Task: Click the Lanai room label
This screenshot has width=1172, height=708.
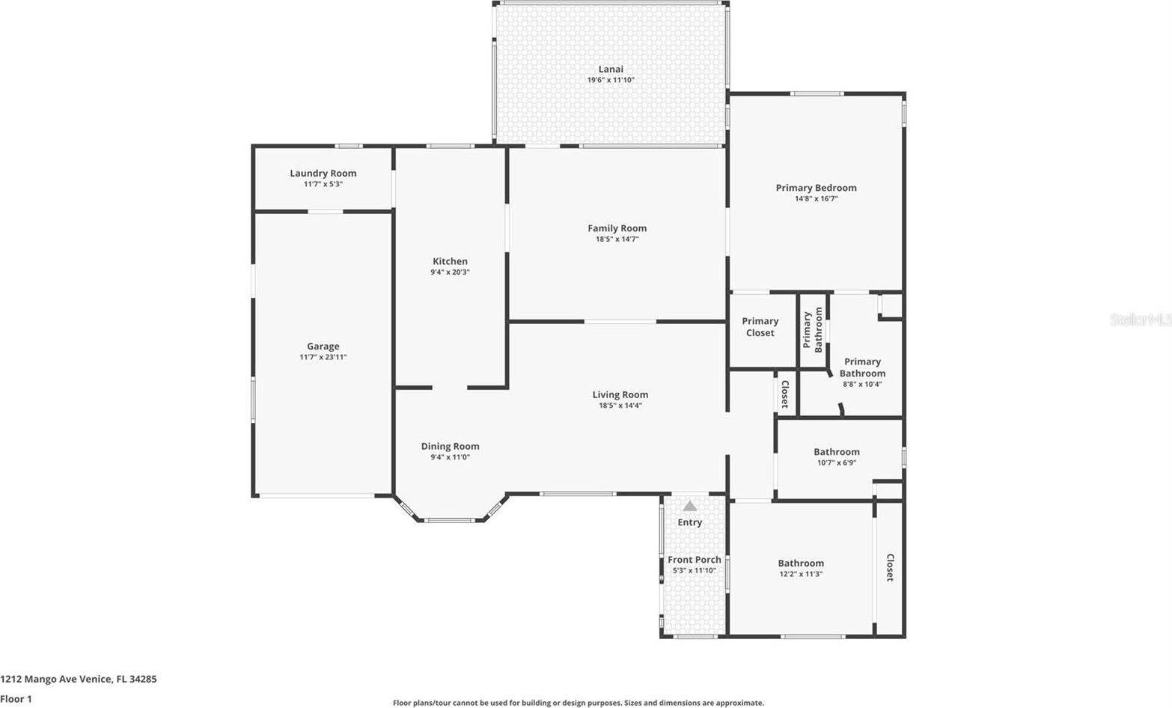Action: coord(611,69)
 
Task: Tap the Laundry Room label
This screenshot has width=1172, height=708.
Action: coord(323,173)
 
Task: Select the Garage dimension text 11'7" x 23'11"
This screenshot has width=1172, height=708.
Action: coord(323,358)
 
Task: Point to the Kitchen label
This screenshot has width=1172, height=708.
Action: coord(450,261)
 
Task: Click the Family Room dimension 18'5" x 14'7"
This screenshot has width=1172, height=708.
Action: coord(617,239)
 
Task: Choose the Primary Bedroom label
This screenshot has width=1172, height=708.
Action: coord(817,188)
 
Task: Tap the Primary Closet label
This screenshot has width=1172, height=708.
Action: coord(760,327)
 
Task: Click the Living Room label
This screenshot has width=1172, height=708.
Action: coord(620,394)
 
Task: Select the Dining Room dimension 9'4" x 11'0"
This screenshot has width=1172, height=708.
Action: coord(450,457)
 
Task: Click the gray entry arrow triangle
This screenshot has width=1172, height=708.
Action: coord(690,506)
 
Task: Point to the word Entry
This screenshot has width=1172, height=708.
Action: coord(689,522)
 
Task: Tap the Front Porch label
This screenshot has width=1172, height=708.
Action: coord(695,560)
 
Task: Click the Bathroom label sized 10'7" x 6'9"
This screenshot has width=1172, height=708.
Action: coord(837,452)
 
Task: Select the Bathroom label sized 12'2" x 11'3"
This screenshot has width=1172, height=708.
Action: coord(801,564)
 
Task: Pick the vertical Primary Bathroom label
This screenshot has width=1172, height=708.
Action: coord(813,329)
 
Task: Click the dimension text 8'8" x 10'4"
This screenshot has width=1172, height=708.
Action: coord(862,384)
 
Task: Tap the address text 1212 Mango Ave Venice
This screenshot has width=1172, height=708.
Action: coord(56,680)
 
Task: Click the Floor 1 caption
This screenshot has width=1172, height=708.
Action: coord(16,699)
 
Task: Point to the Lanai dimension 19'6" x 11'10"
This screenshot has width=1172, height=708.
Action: coord(611,80)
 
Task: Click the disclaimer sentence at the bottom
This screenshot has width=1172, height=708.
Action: coord(579,704)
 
